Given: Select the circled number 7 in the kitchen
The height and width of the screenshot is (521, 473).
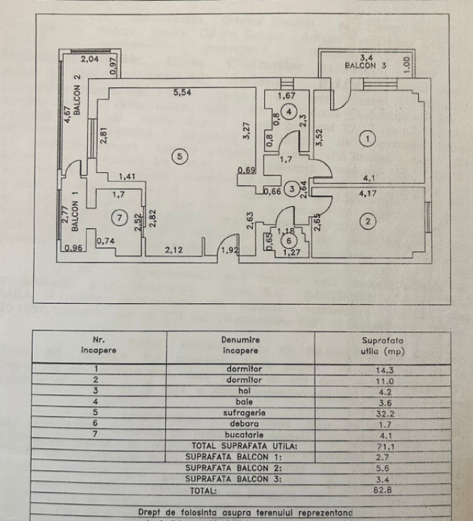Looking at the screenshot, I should (119, 218).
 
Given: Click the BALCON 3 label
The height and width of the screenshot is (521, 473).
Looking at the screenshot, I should (365, 66).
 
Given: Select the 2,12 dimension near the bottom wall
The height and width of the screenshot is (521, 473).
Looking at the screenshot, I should (174, 250).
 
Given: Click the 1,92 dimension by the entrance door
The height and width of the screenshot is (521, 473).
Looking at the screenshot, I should (232, 250).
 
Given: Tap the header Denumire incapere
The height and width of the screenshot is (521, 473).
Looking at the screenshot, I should (241, 345).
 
